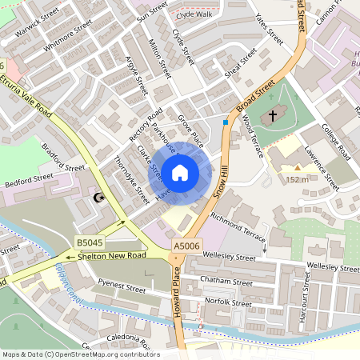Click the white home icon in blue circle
(180, 173)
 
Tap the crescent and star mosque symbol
(100, 197)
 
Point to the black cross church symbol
(273, 117)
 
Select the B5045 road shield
(90, 242)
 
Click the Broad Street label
(255, 94)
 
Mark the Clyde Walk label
(194, 14)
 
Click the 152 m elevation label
(297, 180)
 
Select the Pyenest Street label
(118, 286)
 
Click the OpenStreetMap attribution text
(80, 354)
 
